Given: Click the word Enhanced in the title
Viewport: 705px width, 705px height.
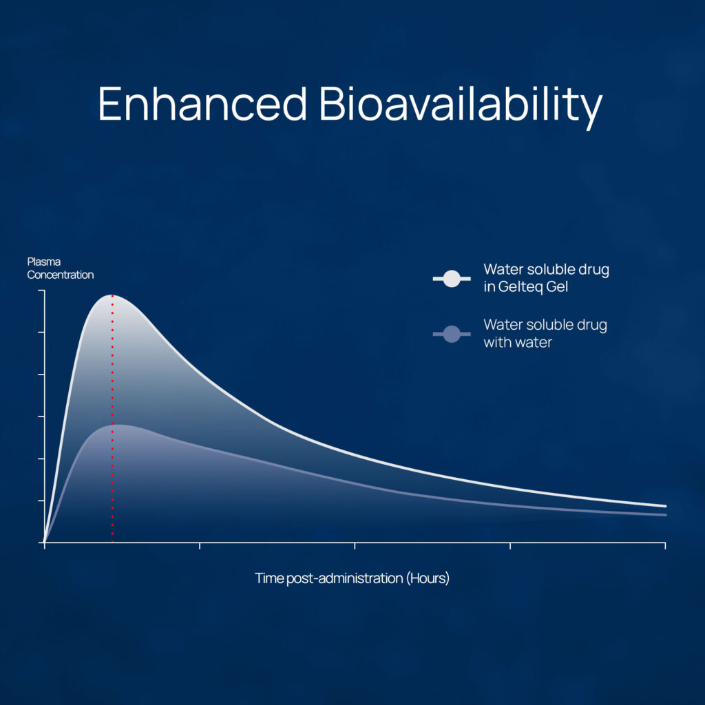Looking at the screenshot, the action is coord(202,103).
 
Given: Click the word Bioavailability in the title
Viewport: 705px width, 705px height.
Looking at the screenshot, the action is coord(461,108).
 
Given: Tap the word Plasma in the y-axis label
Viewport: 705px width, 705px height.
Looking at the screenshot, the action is coord(44,262).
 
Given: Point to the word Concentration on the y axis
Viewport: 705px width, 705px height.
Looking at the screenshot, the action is coord(61,275).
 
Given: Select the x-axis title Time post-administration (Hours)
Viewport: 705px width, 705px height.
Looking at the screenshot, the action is coord(352,578).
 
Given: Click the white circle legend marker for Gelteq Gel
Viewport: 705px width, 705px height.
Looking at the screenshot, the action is coord(452,279).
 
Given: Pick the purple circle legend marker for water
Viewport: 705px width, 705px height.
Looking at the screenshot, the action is coord(452,334).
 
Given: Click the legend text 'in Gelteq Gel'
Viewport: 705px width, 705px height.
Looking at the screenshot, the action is coord(525,287).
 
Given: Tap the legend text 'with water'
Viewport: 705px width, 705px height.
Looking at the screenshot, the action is coord(518,343).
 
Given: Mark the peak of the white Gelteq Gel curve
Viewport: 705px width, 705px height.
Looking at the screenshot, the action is coord(112,295).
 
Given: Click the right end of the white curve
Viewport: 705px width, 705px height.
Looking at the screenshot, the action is coord(666,506).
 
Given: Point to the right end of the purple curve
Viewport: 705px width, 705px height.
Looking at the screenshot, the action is coord(666,515).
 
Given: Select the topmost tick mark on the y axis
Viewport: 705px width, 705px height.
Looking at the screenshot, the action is coord(41,291).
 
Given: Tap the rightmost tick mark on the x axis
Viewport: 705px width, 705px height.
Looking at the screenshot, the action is coord(665,545).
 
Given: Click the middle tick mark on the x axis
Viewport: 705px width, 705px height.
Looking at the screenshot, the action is coord(355,545).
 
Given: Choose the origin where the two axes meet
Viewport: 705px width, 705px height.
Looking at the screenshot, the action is coord(45,543).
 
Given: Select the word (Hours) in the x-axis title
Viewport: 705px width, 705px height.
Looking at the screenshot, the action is coord(428,578).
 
